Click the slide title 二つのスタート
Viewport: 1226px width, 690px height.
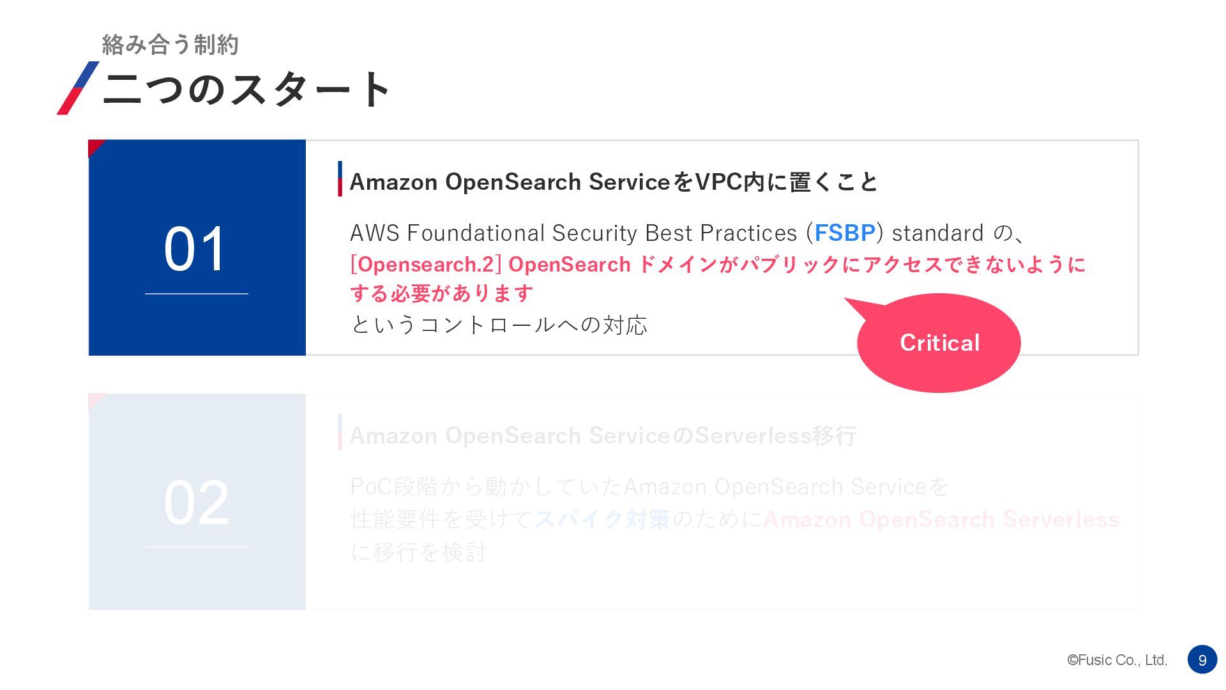pos(246,89)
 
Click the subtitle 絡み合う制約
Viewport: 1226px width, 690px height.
pos(170,45)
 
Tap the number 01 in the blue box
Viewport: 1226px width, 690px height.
pos(195,249)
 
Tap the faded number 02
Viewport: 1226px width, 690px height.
pos(196,503)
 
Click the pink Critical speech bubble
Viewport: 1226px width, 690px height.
pos(939,343)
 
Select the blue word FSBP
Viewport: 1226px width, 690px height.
pos(844,233)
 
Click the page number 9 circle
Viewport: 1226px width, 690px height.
pos(1202,660)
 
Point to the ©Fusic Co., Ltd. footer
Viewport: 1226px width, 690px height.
pos(1117,660)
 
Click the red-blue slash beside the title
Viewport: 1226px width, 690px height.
pos(78,88)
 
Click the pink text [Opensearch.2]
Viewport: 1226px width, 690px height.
pos(425,264)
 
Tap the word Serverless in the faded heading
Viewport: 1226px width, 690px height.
pos(753,436)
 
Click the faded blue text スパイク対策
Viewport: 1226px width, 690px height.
pos(602,519)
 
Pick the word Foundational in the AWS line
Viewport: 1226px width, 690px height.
pos(476,233)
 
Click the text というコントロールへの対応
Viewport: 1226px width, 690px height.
pos(499,325)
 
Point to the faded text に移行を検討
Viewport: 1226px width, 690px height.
pos(418,553)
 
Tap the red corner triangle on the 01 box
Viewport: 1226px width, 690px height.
pos(95,146)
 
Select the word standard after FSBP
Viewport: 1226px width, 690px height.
pos(937,233)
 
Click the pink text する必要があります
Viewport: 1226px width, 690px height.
pos(441,294)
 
